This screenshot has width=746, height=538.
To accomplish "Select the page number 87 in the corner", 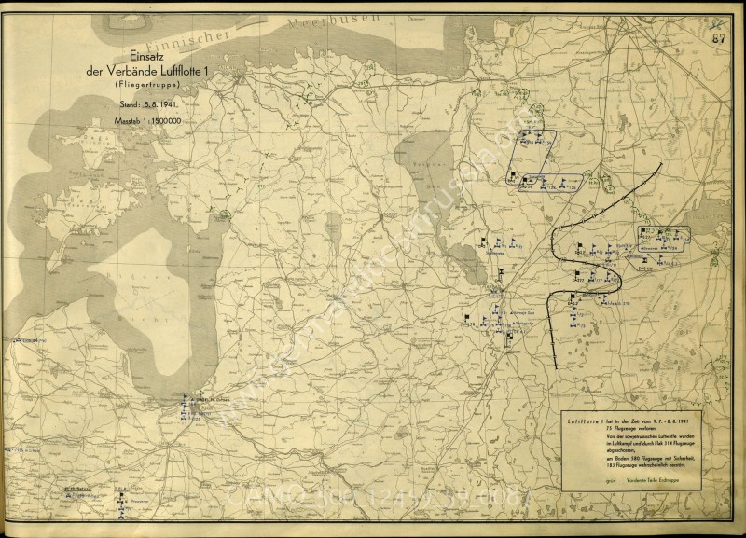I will [719, 38].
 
